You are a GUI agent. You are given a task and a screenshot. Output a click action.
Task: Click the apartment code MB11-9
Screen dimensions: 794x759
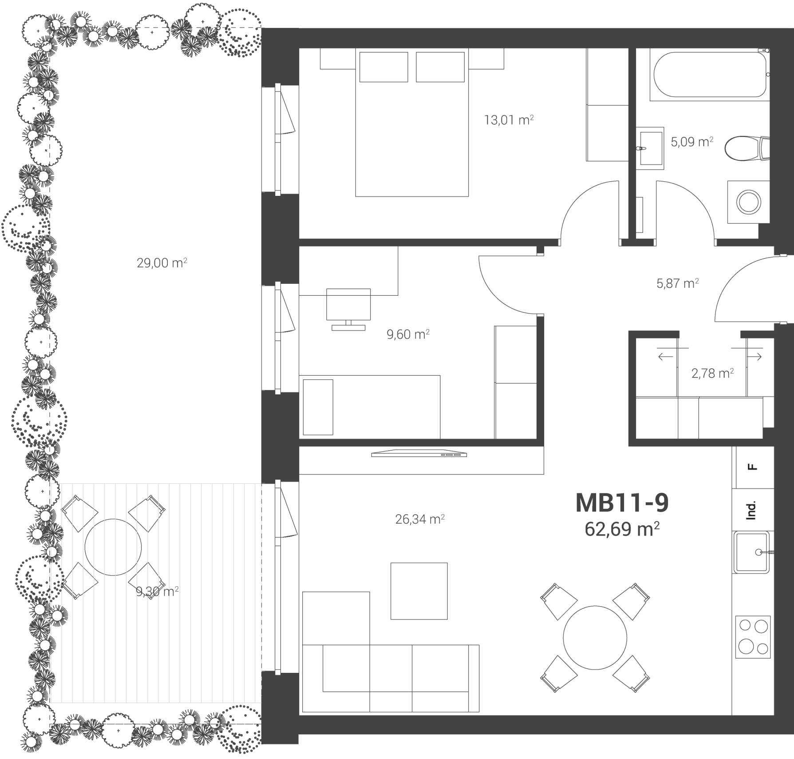click(x=622, y=503)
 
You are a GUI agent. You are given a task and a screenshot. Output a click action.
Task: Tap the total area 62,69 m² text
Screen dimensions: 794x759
click(x=622, y=529)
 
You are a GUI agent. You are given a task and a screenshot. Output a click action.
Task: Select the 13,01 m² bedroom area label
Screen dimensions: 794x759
click(x=509, y=120)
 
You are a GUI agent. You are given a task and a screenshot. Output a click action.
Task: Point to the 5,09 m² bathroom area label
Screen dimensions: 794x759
click(x=692, y=142)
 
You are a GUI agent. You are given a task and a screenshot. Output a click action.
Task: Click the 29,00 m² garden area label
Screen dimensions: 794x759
click(x=162, y=263)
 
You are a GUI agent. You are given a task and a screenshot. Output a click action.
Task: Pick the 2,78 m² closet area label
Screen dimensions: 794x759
click(x=712, y=373)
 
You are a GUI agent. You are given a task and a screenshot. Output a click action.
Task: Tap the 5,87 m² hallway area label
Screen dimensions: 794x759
click(x=678, y=283)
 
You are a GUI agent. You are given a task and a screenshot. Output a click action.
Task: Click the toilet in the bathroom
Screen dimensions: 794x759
click(x=747, y=148)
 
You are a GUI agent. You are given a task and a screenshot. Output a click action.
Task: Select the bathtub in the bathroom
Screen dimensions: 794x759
click(x=709, y=75)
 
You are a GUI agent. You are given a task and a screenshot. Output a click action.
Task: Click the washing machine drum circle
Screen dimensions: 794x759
click(x=749, y=202)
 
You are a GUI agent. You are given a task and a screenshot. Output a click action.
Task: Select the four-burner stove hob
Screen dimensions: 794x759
click(x=753, y=637)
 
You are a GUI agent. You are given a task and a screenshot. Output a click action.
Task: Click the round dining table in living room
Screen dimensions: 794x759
click(x=595, y=638)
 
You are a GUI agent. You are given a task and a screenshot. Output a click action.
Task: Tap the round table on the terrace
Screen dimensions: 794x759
click(x=113, y=547)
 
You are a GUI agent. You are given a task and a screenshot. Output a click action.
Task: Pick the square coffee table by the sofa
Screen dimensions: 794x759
click(x=419, y=591)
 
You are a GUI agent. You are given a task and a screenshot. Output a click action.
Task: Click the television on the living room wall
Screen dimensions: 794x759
click(x=419, y=453)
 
